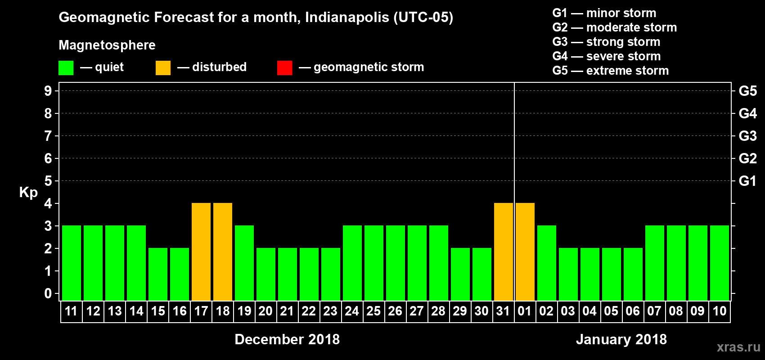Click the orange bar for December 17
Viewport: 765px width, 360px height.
click(201, 252)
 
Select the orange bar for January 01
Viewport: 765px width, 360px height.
click(525, 252)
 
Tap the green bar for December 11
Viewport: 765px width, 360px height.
click(72, 263)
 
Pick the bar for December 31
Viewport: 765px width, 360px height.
click(504, 252)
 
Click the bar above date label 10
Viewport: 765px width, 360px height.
click(720, 263)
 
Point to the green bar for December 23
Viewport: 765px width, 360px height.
click(331, 274)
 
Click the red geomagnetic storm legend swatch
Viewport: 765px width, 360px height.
click(284, 68)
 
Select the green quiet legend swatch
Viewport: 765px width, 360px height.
click(66, 68)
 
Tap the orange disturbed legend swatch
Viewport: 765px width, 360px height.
click(163, 68)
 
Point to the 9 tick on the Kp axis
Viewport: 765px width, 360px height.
click(48, 91)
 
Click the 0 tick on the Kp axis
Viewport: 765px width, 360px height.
click(48, 294)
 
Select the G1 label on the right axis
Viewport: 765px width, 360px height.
click(747, 181)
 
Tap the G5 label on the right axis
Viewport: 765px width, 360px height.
click(747, 91)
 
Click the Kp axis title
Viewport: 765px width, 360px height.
click(28, 193)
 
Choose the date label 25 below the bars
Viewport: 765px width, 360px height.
click(373, 311)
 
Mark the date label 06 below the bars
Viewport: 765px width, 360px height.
click(633, 311)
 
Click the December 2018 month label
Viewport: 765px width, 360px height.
click(287, 339)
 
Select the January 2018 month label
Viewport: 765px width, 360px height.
click(621, 339)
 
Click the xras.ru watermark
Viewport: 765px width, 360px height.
click(738, 347)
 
